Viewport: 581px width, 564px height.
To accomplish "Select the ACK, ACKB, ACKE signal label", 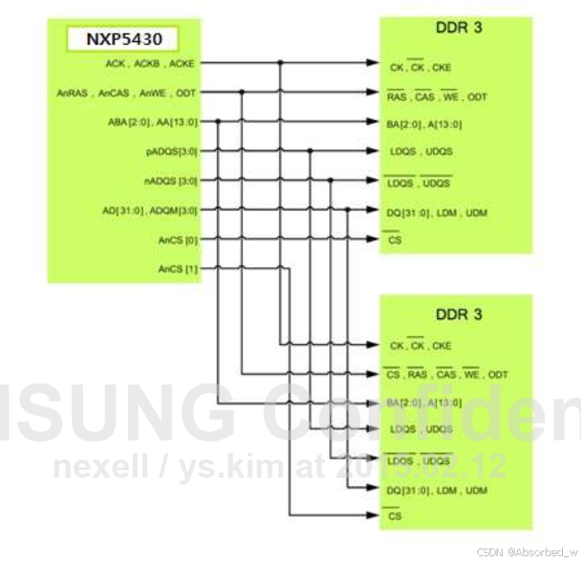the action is coord(152,63).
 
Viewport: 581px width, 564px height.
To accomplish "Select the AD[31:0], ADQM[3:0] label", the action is coord(150,210).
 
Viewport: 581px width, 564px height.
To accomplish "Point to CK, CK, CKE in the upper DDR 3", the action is coord(420,67).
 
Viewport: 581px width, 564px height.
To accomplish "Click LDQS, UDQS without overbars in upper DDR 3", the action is coord(421,152).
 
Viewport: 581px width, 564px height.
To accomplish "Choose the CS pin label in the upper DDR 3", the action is coord(395,241).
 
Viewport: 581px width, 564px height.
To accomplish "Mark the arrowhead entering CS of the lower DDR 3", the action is coord(372,516).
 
